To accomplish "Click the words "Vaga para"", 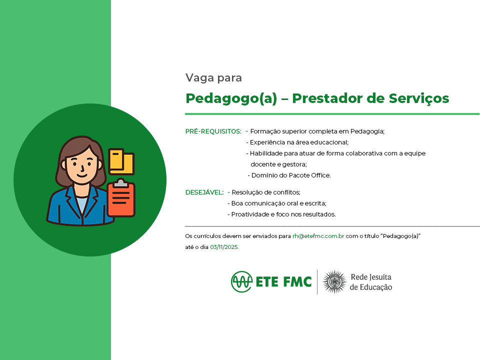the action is click(x=213, y=78).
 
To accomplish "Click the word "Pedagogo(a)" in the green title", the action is click(x=231, y=98).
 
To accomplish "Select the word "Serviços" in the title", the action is click(x=419, y=98).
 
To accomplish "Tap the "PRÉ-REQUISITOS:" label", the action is click(x=213, y=131).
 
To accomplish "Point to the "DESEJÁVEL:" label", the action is click(x=204, y=192).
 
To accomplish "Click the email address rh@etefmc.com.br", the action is click(x=318, y=236).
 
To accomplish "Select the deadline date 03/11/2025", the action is click(x=224, y=247).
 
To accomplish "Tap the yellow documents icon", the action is click(x=121, y=161).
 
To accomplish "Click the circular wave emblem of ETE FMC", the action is click(x=242, y=281).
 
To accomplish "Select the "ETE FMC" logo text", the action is click(x=283, y=282).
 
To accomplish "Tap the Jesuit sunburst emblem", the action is click(x=334, y=281).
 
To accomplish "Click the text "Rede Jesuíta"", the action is click(x=371, y=277).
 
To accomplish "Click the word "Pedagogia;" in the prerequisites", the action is click(x=367, y=131).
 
